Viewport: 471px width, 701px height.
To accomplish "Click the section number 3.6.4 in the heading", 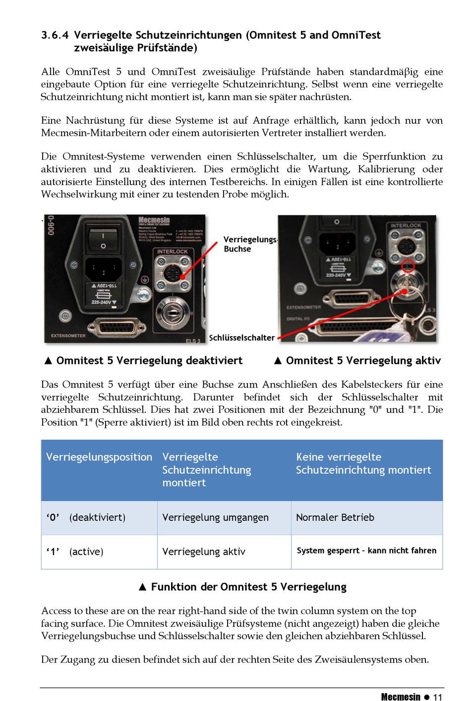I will (x=55, y=35).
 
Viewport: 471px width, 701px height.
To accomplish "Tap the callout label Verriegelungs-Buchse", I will (x=249, y=244).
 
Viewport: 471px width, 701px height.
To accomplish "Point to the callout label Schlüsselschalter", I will (x=242, y=338).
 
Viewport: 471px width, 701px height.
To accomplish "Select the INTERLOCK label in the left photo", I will (x=173, y=251).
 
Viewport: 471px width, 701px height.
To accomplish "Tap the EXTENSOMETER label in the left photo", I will (x=68, y=336).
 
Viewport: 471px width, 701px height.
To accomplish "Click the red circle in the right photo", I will (x=408, y=266).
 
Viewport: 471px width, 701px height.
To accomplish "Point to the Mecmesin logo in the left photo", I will (x=154, y=220).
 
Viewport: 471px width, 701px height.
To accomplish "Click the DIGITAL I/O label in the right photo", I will (x=298, y=319).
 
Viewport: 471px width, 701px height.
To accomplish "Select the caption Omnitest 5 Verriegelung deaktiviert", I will (x=149, y=360).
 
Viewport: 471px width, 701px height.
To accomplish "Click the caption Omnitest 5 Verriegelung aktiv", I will (x=363, y=360).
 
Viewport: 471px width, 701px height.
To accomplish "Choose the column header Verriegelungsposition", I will (x=99, y=457).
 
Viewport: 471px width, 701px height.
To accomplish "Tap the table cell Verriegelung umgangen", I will (x=215, y=517).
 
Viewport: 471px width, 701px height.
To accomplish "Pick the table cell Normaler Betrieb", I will (x=335, y=517).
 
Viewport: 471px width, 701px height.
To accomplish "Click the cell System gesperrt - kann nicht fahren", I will (x=366, y=551).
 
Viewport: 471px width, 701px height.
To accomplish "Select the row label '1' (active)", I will (x=75, y=551).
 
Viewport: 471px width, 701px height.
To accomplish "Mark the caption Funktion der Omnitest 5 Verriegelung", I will (x=248, y=587).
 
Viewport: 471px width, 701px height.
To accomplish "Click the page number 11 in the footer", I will (x=437, y=697).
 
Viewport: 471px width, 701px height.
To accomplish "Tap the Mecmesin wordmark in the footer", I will (x=401, y=697).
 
